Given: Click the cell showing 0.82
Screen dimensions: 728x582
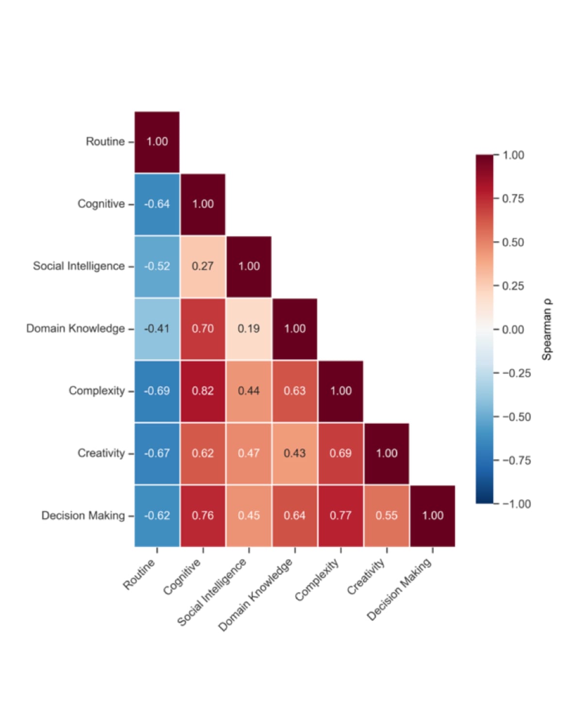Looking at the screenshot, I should point(203,391).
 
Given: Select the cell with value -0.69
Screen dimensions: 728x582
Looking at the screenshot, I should point(157,391).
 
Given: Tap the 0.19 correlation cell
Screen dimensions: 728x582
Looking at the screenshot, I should point(248,329).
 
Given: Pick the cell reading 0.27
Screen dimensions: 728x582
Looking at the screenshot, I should point(203,266).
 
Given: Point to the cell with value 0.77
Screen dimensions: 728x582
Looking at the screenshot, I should point(340,515).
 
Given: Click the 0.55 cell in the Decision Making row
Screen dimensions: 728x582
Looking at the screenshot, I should point(387,515).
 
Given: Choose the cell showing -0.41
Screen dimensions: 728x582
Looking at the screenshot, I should point(157,329).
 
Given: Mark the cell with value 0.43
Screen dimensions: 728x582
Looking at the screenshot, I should point(294,453).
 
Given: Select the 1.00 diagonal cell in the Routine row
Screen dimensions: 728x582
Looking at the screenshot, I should point(157,142).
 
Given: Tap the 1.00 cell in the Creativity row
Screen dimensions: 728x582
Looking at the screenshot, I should point(387,453).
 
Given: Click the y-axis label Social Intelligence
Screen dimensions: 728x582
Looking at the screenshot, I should point(79,266).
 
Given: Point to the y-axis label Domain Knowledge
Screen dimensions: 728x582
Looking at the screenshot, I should point(75,329).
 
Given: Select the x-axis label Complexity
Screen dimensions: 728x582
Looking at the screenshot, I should point(317,579).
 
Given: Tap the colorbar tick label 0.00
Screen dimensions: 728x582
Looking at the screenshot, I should point(513,330).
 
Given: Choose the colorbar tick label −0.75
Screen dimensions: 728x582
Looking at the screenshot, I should point(516,460).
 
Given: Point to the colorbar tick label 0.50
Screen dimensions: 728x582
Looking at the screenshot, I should point(513,242).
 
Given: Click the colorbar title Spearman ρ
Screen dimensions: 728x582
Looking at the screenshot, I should point(547,330).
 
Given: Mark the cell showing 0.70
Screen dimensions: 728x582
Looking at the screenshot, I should point(203,329).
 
